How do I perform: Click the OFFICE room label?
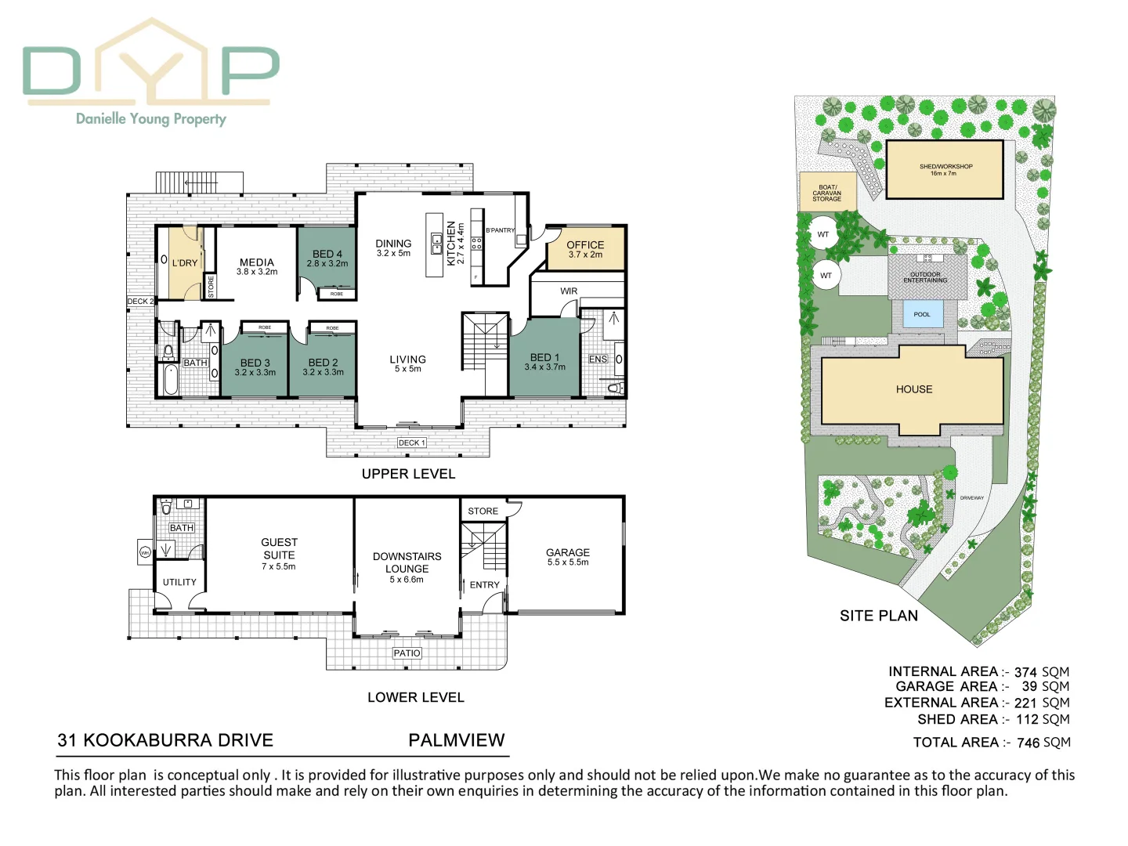(x=585, y=245)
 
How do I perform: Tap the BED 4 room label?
(x=327, y=255)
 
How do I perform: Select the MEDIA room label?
(x=257, y=263)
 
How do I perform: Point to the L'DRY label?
(x=185, y=263)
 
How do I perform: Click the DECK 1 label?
(x=411, y=443)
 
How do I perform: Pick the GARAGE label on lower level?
(x=568, y=553)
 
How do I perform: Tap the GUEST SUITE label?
(x=279, y=548)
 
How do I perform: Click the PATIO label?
(x=407, y=653)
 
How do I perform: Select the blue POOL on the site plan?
(x=922, y=314)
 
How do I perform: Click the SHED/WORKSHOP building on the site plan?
(x=945, y=170)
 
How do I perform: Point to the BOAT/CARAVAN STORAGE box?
(x=826, y=193)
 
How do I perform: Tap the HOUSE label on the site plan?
(x=914, y=389)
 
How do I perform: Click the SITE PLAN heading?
(x=879, y=616)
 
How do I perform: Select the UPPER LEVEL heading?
(x=408, y=474)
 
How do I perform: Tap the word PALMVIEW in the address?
(x=457, y=740)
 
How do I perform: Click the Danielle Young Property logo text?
(x=151, y=119)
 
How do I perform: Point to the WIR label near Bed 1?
(x=569, y=291)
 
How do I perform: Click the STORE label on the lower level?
(x=483, y=512)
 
